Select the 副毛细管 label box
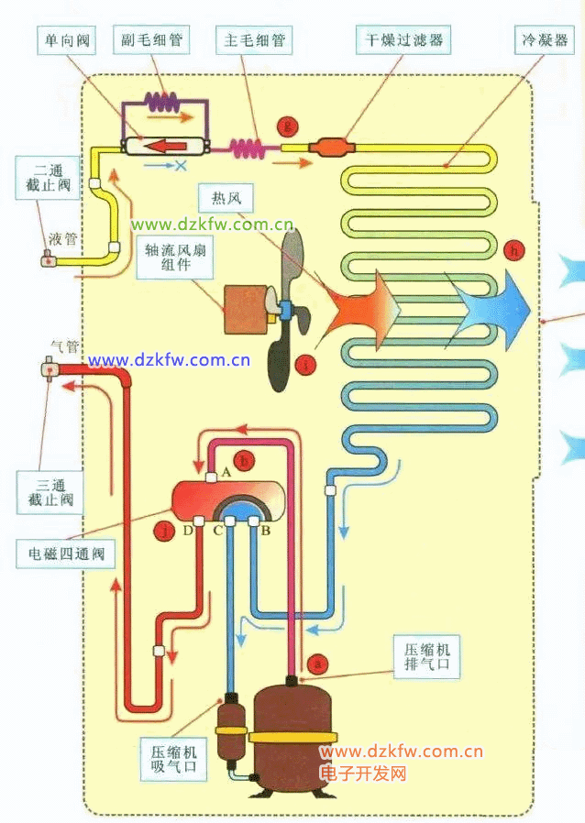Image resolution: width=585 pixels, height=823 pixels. tap(152, 40)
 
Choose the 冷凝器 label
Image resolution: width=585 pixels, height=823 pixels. tap(544, 40)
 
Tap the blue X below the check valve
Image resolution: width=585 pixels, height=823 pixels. tap(181, 165)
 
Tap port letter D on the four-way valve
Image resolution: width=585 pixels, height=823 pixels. tap(186, 530)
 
